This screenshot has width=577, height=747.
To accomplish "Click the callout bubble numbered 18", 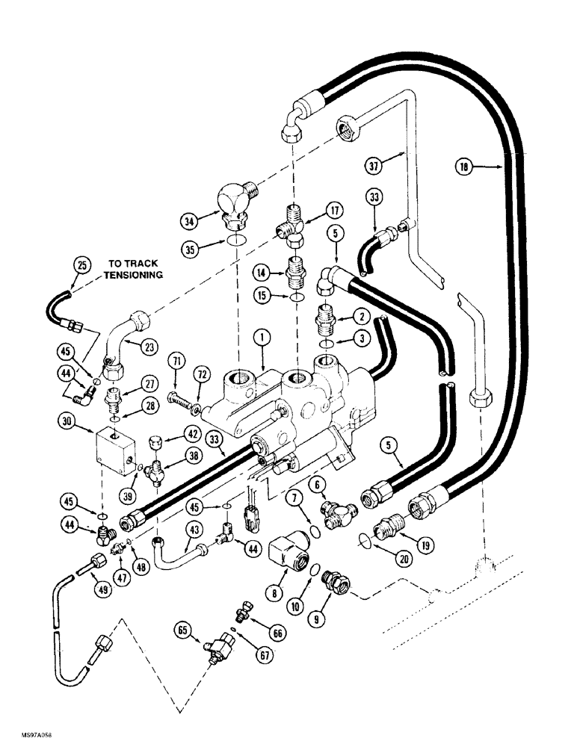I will click(x=466, y=169).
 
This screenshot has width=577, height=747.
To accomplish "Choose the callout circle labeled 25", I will click(x=82, y=264).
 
